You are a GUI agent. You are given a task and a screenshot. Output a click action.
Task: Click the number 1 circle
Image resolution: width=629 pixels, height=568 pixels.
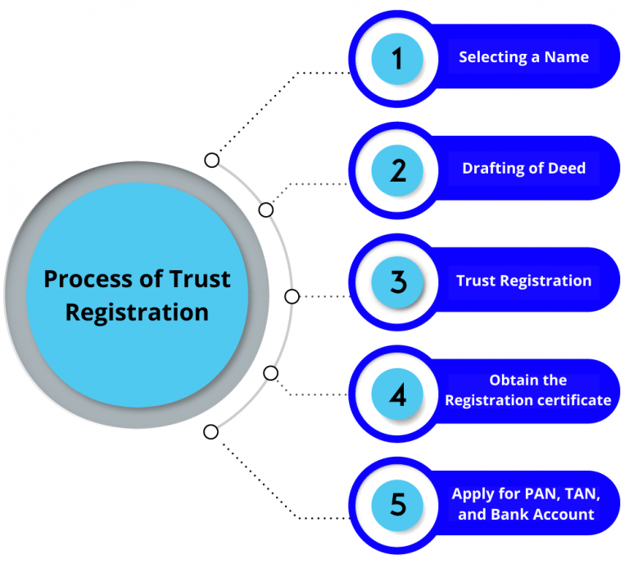click(x=397, y=58)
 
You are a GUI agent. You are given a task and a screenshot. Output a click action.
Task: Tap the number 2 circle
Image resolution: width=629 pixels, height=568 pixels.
click(x=397, y=169)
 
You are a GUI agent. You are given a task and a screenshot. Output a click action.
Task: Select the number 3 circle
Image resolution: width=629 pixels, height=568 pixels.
click(x=397, y=282)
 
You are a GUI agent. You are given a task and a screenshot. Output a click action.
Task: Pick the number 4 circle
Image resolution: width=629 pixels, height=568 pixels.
click(x=397, y=394)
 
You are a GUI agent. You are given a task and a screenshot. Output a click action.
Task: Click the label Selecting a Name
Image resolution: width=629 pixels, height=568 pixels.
click(x=523, y=57)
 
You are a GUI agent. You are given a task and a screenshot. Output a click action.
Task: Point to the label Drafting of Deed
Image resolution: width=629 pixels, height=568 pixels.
click(x=523, y=169)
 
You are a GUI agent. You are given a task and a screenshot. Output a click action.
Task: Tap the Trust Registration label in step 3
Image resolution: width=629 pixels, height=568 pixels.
click(x=523, y=281)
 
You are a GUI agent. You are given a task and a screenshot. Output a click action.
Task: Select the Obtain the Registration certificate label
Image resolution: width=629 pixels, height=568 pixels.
click(x=527, y=390)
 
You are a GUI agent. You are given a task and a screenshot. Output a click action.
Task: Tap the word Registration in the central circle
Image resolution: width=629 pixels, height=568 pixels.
click(x=137, y=312)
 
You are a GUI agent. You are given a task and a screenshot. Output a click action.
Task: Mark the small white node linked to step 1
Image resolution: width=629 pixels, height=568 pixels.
click(x=211, y=160)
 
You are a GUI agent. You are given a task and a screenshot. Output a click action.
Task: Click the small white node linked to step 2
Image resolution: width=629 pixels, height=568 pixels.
click(x=265, y=210)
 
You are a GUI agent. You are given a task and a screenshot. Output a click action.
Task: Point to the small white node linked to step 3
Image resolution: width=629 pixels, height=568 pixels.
click(x=291, y=296)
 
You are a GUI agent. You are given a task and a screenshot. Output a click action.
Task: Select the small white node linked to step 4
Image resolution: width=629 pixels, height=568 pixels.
click(x=271, y=373)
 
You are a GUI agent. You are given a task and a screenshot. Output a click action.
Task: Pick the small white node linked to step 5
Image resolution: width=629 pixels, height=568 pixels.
click(x=211, y=431)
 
